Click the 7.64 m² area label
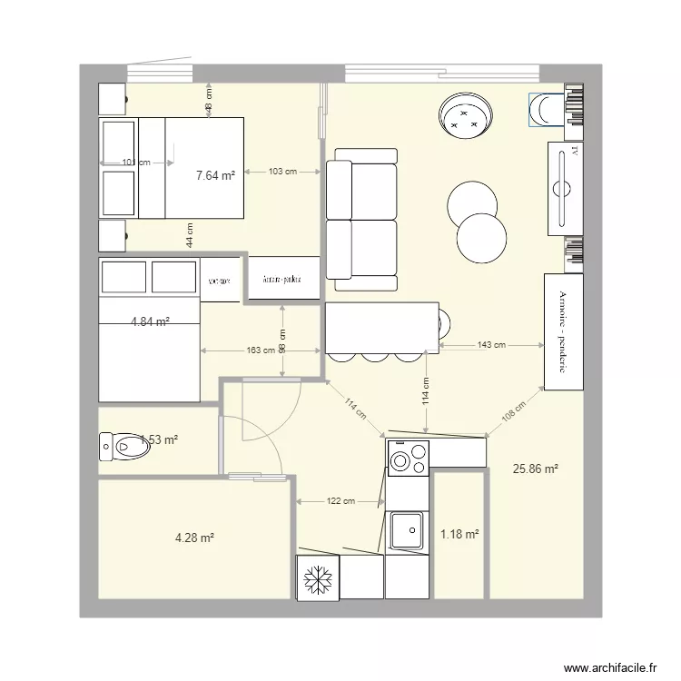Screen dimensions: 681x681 215,176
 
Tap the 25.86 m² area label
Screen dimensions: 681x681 535,469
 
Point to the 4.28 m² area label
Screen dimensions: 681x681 194,538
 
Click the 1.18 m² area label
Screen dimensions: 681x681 459,535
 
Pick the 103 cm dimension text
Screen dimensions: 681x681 282,171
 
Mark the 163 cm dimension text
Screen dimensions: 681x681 260,350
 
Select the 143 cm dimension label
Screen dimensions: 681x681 490,345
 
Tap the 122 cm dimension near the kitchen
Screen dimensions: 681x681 340,501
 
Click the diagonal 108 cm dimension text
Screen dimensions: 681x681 515,416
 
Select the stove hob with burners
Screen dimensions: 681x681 408,459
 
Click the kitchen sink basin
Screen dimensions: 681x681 407,529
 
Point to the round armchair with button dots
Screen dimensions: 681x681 467,115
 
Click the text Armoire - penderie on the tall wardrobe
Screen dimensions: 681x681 562,331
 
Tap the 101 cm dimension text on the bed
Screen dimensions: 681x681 135,163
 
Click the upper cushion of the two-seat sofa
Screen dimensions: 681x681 362,190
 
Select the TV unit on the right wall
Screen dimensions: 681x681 563,187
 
